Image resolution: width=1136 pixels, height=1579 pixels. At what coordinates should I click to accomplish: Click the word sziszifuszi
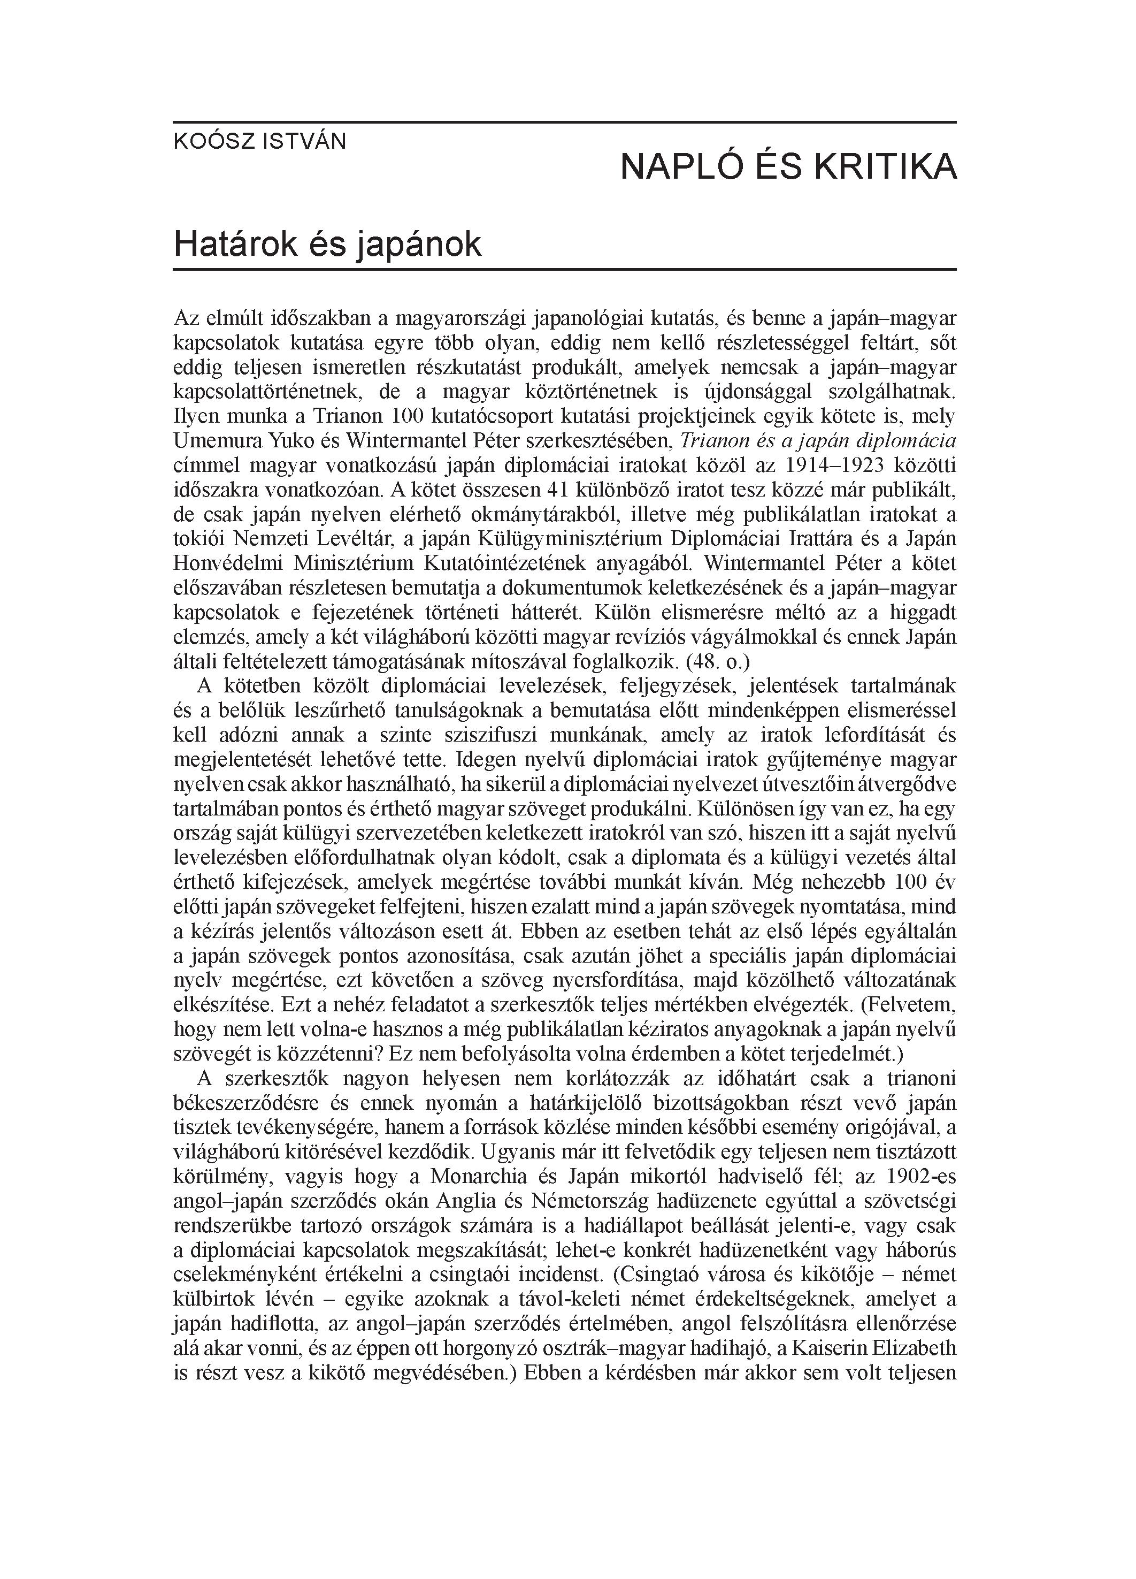[469, 736]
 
